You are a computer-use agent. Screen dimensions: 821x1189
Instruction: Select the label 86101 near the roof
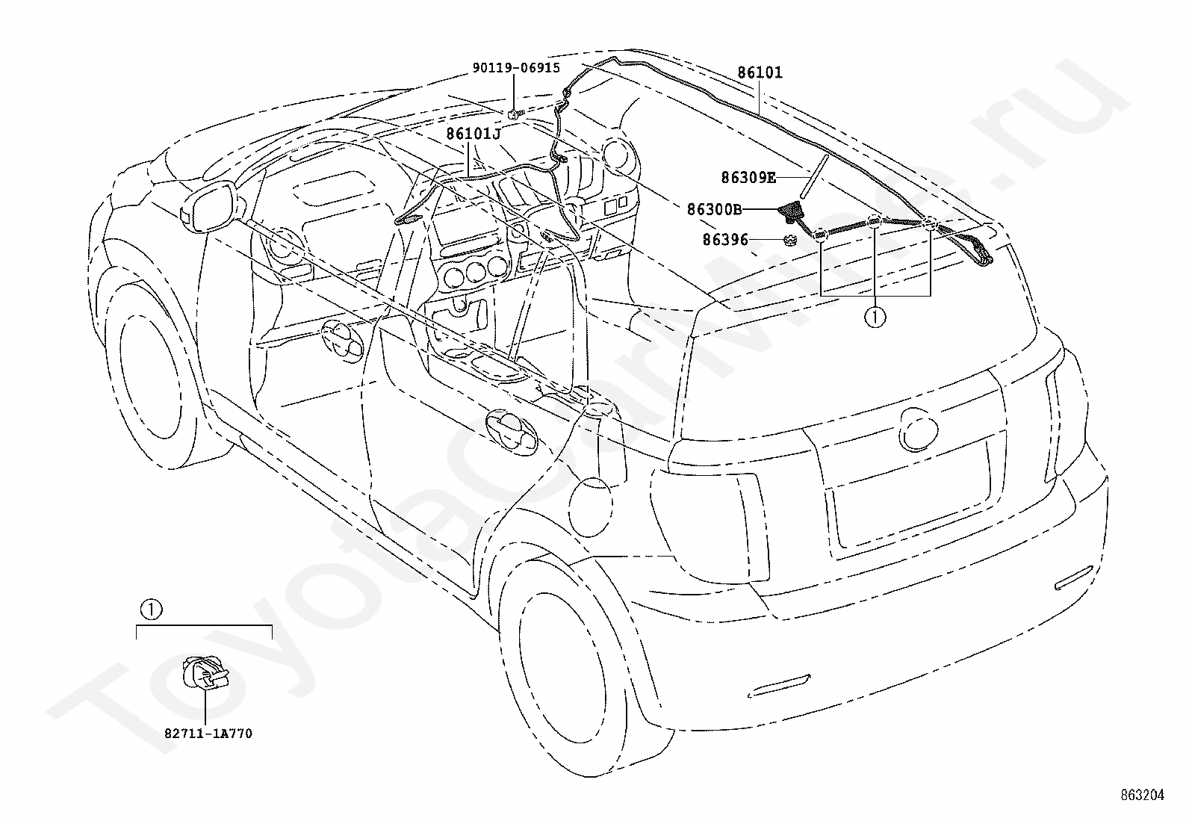(x=760, y=72)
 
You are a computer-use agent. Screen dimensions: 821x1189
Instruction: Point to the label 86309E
(x=748, y=177)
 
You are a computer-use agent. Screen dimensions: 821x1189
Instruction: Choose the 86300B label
(x=715, y=211)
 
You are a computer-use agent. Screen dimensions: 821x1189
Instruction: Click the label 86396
(x=724, y=240)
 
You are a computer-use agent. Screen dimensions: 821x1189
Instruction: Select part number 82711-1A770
(x=208, y=734)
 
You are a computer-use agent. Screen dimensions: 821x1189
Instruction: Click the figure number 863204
(x=1142, y=795)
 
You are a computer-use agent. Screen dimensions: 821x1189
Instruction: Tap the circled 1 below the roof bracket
(x=875, y=317)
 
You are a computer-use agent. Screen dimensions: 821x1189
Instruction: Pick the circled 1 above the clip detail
(x=150, y=610)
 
